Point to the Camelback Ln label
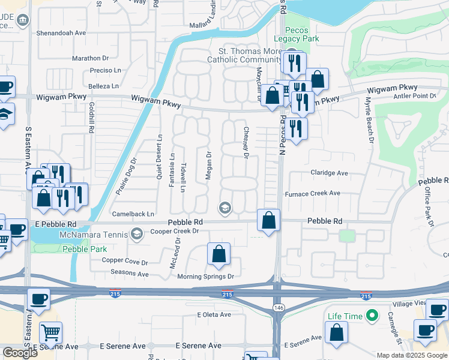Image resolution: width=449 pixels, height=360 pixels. [x=133, y=214]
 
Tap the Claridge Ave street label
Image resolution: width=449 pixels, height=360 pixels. [x=329, y=173]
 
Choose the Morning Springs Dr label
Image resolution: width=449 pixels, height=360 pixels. [x=205, y=277]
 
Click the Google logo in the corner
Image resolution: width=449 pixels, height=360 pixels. [x=20, y=353]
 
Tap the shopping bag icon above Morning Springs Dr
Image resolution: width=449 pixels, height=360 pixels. [x=219, y=254]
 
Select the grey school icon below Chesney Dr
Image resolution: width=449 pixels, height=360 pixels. [x=226, y=208]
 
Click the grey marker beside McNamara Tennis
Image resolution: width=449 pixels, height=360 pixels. [x=137, y=233]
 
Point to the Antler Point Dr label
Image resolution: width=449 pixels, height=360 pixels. [x=414, y=96]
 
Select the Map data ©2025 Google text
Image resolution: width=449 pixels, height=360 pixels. [x=411, y=355]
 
